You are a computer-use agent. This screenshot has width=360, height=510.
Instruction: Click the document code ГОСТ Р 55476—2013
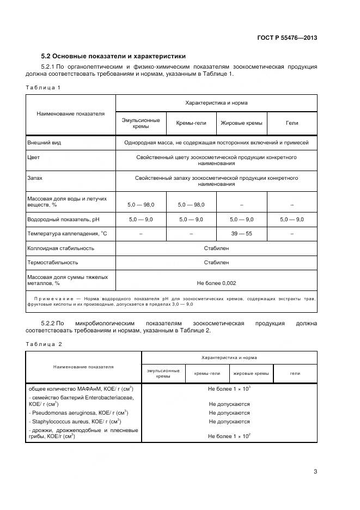(x=287, y=38)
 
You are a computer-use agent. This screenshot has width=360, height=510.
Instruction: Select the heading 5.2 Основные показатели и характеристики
(x=113, y=56)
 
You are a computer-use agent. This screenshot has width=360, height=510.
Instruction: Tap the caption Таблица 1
(x=42, y=87)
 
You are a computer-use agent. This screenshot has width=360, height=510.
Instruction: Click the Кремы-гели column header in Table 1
(x=191, y=123)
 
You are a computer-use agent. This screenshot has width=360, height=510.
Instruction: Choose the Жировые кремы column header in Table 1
(x=241, y=123)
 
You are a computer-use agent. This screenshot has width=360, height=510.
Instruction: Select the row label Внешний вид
(x=44, y=143)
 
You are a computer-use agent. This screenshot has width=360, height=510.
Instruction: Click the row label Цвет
(x=34, y=157)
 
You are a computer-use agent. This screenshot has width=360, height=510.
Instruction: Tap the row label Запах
(x=35, y=178)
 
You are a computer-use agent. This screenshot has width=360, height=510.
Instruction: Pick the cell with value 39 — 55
(x=241, y=234)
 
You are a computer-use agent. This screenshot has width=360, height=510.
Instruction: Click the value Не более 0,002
(x=216, y=283)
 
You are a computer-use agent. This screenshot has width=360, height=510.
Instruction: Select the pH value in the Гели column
(x=292, y=219)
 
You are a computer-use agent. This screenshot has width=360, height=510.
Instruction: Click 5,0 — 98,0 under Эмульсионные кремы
(x=141, y=204)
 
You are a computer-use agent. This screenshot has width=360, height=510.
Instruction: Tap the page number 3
(x=315, y=472)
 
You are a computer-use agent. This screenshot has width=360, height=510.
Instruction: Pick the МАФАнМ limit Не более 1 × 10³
(x=229, y=389)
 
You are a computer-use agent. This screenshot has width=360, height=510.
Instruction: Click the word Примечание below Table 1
(x=54, y=299)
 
